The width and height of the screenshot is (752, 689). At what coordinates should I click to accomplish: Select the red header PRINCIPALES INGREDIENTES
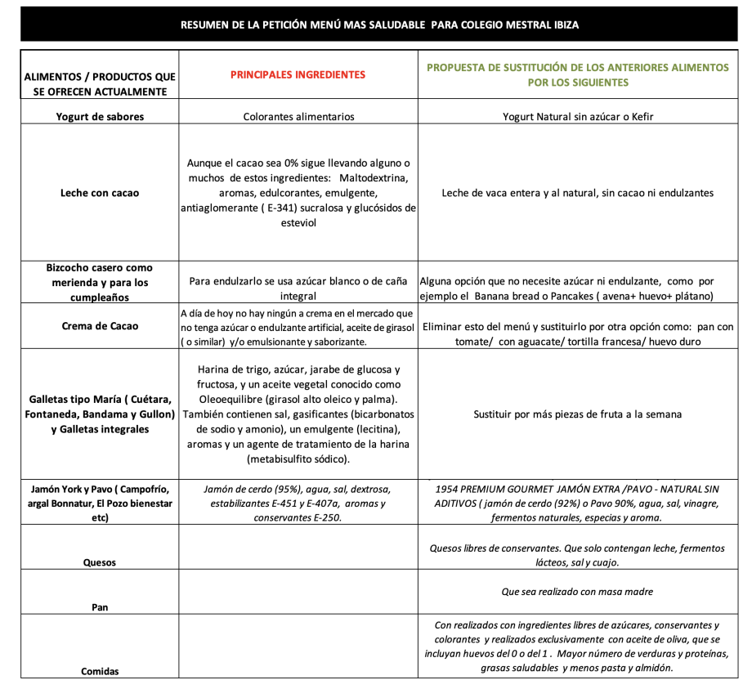pyautogui.click(x=298, y=74)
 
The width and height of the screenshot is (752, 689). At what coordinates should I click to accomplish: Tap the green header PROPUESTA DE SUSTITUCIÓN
pyautogui.click(x=578, y=74)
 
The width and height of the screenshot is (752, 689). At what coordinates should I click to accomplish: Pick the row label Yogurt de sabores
pyautogui.click(x=100, y=117)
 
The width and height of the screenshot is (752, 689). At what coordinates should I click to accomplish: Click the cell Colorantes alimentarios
pyautogui.click(x=299, y=117)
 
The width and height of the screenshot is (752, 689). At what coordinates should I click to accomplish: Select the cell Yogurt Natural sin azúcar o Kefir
pyautogui.click(x=578, y=117)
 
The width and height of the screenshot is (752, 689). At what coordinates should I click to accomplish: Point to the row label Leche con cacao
pyautogui.click(x=100, y=194)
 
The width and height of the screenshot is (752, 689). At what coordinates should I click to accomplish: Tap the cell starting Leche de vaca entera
pyautogui.click(x=578, y=194)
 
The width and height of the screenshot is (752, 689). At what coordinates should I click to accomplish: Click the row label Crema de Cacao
pyautogui.click(x=100, y=326)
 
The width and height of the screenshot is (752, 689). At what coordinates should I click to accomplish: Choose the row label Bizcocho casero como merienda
pyautogui.click(x=100, y=283)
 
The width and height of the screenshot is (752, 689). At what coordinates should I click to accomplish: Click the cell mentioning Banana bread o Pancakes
pyautogui.click(x=578, y=289)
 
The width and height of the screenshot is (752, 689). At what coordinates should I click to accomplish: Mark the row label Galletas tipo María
pyautogui.click(x=100, y=414)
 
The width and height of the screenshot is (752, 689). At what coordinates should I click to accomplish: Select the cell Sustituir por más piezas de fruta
pyautogui.click(x=578, y=414)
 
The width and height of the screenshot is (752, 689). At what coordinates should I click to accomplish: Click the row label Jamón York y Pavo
pyautogui.click(x=100, y=503)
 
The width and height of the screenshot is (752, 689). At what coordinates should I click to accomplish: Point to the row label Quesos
pyautogui.click(x=100, y=562)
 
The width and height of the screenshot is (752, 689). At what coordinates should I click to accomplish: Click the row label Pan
pyautogui.click(x=100, y=607)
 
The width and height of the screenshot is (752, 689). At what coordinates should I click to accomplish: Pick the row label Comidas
pyautogui.click(x=100, y=671)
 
